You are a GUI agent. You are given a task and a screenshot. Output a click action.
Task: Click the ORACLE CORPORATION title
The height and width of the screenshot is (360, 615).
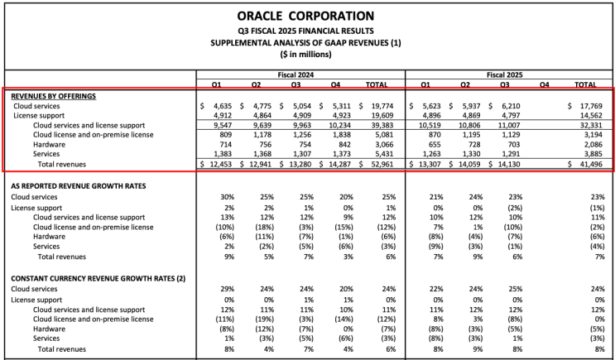(x=305, y=16)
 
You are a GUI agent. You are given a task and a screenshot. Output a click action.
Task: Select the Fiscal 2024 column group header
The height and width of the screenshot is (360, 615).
(x=295, y=74)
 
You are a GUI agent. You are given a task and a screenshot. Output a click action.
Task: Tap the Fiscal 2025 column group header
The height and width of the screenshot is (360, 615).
(x=504, y=74)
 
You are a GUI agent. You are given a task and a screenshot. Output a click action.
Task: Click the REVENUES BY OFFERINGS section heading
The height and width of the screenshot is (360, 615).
(x=53, y=96)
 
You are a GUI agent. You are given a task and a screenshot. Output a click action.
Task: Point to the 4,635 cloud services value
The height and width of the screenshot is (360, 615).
(x=223, y=106)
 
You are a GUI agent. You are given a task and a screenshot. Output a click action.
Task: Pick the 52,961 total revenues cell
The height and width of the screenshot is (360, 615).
(x=382, y=164)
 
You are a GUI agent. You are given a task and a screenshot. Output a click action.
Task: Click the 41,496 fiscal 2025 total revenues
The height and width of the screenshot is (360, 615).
(x=592, y=164)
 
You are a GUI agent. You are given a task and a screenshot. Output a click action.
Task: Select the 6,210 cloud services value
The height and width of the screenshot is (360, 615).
(x=511, y=106)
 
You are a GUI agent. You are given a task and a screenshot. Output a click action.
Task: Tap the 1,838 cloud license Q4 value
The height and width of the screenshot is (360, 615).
(x=342, y=135)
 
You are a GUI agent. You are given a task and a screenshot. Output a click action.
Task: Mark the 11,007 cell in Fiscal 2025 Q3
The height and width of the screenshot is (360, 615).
(x=509, y=125)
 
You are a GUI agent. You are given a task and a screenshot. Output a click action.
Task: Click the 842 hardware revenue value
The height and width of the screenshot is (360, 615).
(x=344, y=144)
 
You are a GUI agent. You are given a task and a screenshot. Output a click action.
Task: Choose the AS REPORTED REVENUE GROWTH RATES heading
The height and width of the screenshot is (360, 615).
(x=79, y=186)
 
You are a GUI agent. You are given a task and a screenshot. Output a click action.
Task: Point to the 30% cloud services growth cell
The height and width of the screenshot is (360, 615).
(x=228, y=197)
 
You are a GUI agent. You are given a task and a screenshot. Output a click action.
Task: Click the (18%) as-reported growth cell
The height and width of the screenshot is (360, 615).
(x=265, y=227)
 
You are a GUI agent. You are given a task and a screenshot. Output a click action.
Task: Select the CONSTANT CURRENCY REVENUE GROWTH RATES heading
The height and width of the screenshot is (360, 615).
(x=98, y=278)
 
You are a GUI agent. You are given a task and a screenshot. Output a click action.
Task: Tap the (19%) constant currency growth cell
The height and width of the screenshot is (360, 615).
(x=265, y=319)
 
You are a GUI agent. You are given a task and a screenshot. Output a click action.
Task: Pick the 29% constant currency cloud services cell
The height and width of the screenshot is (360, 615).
(x=228, y=289)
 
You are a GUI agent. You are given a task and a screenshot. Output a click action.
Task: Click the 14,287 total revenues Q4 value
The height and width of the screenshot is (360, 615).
(x=339, y=164)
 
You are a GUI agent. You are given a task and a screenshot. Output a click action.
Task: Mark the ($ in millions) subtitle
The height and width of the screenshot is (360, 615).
(x=306, y=54)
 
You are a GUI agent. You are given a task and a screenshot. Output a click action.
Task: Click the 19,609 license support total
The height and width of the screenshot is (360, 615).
(x=382, y=115)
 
